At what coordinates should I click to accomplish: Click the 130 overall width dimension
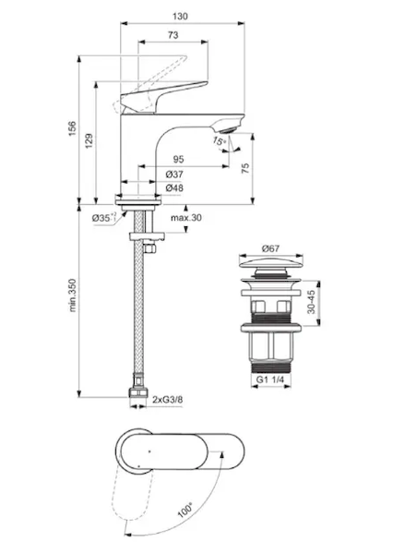pyautogui.click(x=180, y=17)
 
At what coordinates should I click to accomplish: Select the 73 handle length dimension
pyautogui.click(x=173, y=35)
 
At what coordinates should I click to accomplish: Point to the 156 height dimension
pyautogui.click(x=72, y=129)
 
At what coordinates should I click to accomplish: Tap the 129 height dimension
pyautogui.click(x=89, y=140)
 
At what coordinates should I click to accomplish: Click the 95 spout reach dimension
pyautogui.click(x=178, y=160)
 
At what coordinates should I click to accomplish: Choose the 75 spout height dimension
pyautogui.click(x=245, y=168)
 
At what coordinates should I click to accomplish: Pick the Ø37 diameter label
pyautogui.click(x=174, y=175)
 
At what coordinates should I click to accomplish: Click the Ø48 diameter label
pyautogui.click(x=174, y=188)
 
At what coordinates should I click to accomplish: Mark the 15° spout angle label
pyautogui.click(x=219, y=141)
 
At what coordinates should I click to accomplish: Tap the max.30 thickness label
pyautogui.click(x=186, y=218)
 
